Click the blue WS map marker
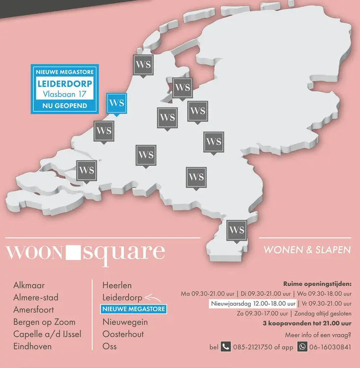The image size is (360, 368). pos(117,104)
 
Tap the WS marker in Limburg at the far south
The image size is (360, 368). pos(236,230)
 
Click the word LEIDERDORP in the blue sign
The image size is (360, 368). pos(65,83)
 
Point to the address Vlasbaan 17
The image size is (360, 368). pos(65,94)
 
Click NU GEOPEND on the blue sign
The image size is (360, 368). pos(65,105)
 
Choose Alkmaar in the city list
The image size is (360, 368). pos(29,285)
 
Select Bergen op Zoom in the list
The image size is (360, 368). pos(45,322)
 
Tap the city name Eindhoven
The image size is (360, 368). pos(32,346)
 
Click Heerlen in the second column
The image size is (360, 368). pos(117,285)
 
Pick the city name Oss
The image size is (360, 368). pos(110,346)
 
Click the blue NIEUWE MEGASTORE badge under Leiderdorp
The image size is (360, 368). pos(133,309)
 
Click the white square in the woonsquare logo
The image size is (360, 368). pos(73,253)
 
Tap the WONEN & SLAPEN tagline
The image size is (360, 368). pos(307,250)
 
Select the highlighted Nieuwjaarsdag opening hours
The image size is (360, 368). pos(253,304)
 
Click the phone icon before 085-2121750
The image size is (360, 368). pos(226,346)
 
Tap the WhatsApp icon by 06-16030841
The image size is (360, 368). pos(303,346)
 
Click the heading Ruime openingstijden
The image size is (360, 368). pos(317,284)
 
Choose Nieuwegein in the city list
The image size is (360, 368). pos(125,322)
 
